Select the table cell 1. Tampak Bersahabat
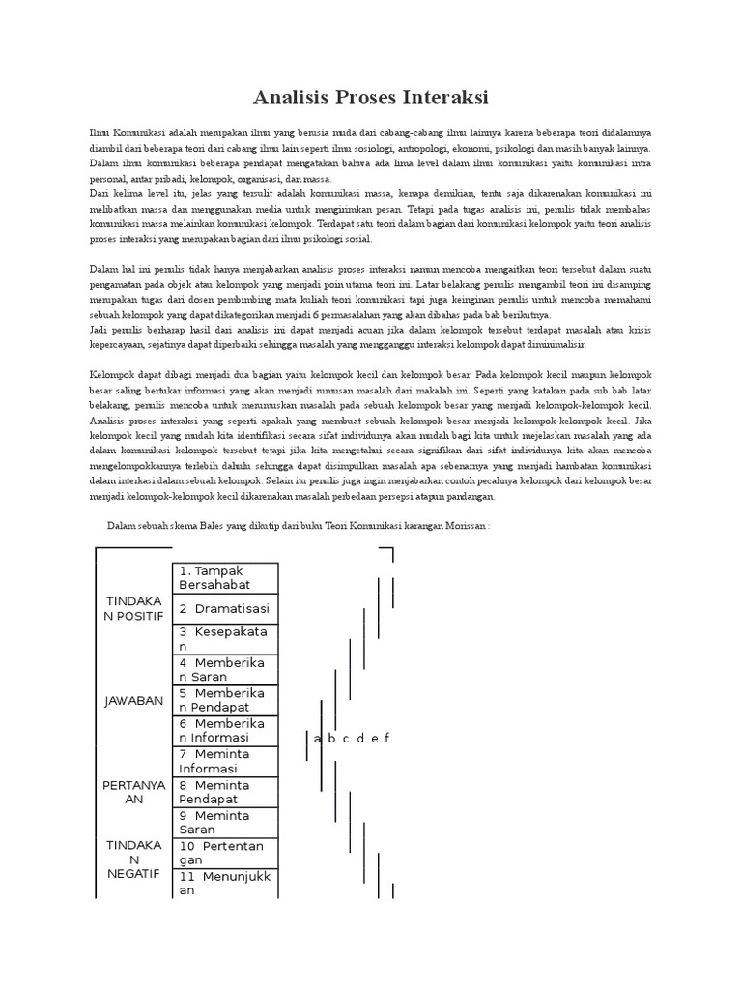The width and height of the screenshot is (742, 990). (225, 577)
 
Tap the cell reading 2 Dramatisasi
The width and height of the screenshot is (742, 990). (225, 608)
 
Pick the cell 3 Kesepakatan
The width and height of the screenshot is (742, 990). (225, 638)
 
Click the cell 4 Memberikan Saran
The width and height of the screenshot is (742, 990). (225, 669)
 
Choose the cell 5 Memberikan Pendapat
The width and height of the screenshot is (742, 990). (225, 700)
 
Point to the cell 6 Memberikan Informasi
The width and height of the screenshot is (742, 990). (225, 730)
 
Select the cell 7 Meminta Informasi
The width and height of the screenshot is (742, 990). (225, 761)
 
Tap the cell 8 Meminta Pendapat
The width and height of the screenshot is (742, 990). (225, 792)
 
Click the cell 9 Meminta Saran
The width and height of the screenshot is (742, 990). (225, 822)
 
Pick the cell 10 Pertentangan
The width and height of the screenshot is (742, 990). (225, 853)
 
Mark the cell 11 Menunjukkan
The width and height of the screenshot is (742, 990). (225, 883)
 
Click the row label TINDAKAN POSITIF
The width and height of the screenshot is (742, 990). (135, 608)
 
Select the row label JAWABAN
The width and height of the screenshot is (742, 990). (135, 700)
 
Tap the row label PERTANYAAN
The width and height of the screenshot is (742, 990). (135, 792)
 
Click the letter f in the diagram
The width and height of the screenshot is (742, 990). (386, 739)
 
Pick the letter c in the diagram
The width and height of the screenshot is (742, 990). (345, 739)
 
